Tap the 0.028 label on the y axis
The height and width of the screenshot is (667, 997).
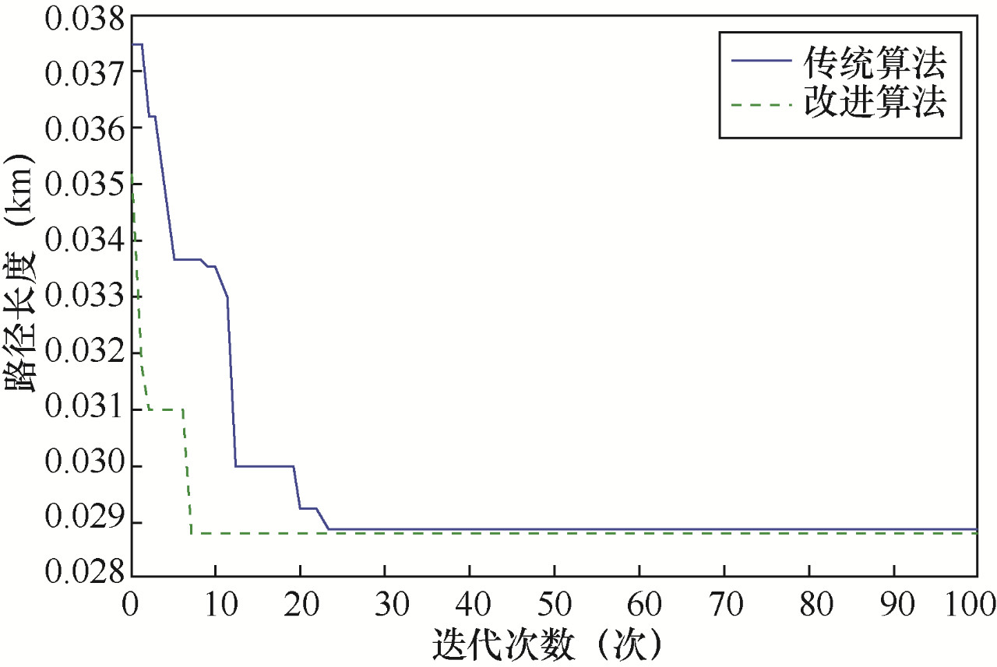pyautogui.click(x=84, y=579)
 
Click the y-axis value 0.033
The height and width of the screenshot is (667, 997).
pyautogui.click(x=84, y=297)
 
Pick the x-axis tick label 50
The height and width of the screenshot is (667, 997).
pyautogui.click(x=554, y=602)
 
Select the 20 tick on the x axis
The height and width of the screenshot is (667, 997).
pyautogui.click(x=300, y=602)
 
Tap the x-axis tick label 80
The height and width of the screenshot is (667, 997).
pyautogui.click(x=809, y=602)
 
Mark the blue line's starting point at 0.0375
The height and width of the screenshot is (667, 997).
pyautogui.click(x=133, y=44)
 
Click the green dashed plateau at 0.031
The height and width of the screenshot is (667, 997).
pyautogui.click(x=165, y=409)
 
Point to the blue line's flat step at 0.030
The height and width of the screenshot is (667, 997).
pyautogui.click(x=265, y=466)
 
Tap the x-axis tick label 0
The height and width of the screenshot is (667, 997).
pyautogui.click(x=131, y=602)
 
